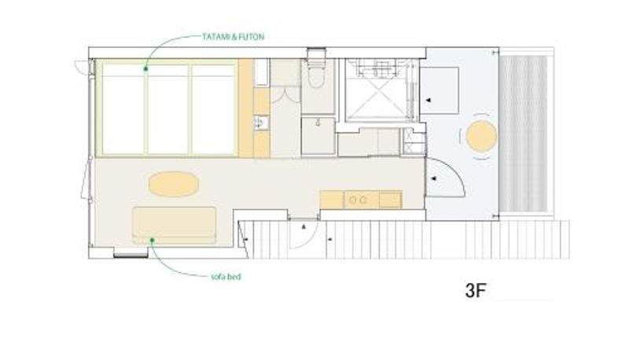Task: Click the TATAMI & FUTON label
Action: click(233, 37)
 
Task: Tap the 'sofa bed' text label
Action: click(226, 277)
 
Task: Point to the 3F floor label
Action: click(476, 290)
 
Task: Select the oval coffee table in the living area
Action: click(174, 184)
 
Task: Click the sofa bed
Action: click(174, 226)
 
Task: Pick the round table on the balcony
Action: click(481, 136)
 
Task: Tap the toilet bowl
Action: click(316, 76)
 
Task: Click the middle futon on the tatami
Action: click(167, 109)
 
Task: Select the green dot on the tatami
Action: click(146, 69)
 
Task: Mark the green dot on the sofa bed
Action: click(152, 241)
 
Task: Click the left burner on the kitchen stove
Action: click(352, 200)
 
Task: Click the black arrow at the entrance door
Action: click(304, 227)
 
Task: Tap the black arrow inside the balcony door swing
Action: click(434, 178)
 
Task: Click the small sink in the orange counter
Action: click(261, 123)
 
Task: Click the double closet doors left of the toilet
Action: click(285, 95)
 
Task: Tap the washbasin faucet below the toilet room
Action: click(318, 123)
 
